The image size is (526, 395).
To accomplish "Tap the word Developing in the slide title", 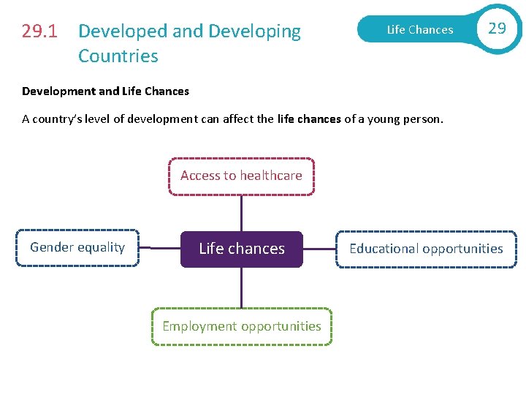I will click(255, 31).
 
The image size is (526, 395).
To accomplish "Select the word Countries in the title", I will click(118, 56).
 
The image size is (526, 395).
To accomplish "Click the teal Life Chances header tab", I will click(419, 30).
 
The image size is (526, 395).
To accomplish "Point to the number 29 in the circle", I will click(497, 29).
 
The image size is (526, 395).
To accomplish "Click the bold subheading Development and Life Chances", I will click(105, 91).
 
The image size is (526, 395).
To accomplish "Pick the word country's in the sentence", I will click(63, 119).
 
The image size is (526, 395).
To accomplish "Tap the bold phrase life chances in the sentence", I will click(310, 119).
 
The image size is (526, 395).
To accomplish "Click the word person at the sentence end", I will click(422, 119).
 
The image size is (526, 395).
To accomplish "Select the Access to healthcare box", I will click(241, 176).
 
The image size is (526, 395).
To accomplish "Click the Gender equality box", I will click(77, 248).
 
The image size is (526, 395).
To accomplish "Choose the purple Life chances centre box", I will click(241, 249).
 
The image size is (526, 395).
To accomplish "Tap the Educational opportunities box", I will click(426, 249).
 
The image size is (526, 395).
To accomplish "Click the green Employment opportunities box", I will click(241, 326).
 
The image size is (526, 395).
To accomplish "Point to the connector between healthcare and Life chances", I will click(241, 213).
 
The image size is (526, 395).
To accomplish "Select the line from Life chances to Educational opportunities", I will click(319, 249).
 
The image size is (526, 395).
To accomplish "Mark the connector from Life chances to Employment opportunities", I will click(241, 287).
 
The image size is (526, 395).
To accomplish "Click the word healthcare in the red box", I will click(271, 176).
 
